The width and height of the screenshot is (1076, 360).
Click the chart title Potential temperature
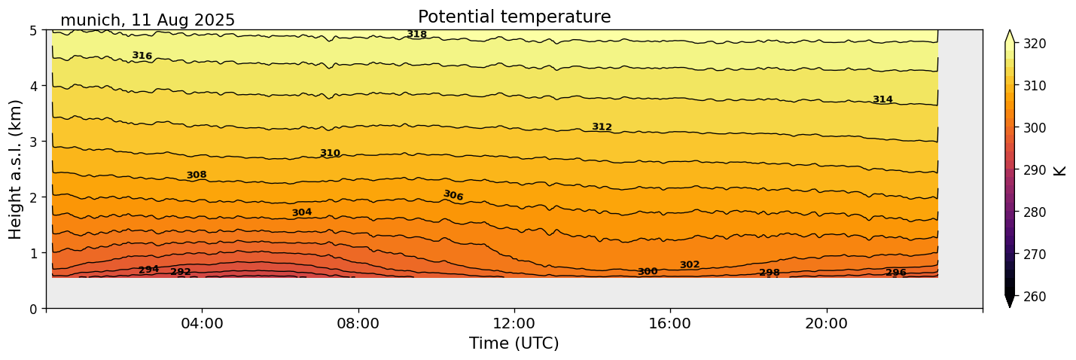point(514,17)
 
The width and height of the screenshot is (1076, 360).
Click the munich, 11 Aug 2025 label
point(148,20)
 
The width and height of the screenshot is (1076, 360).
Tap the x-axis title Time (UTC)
point(514,343)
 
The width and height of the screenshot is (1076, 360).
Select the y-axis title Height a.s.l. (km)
point(16,169)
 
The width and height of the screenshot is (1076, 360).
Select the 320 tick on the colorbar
point(1034,44)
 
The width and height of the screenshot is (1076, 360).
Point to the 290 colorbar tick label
point(1034,170)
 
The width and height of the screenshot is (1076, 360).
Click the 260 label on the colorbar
point(1034,297)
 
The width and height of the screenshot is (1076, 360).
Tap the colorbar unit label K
point(1060,169)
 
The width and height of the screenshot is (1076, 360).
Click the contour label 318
point(416,35)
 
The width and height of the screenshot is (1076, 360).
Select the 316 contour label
point(142,56)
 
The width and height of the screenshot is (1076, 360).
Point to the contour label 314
point(882,99)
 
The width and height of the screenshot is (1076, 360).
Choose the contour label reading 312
point(602,127)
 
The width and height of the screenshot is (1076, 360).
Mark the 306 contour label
point(453,196)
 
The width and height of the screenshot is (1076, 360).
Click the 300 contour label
point(648,271)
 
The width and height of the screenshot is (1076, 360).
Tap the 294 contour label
point(148,270)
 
